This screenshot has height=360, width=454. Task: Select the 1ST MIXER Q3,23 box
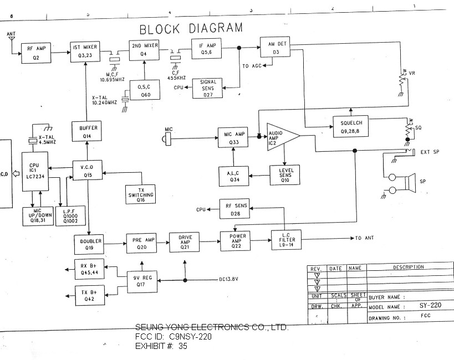pyautogui.click(x=85, y=52)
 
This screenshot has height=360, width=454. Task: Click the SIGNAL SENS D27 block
pyautogui.click(x=207, y=89)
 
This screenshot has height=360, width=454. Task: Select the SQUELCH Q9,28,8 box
pyautogui.click(x=351, y=126)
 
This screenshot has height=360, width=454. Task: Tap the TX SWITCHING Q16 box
pyautogui.click(x=140, y=194)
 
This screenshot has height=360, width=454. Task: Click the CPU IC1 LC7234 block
pyautogui.click(x=35, y=172)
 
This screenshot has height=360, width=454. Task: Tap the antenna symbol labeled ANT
pyautogui.click(x=11, y=40)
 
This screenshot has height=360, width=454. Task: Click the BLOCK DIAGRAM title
pyautogui.click(x=191, y=28)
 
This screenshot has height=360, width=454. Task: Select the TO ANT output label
pyautogui.click(x=365, y=238)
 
